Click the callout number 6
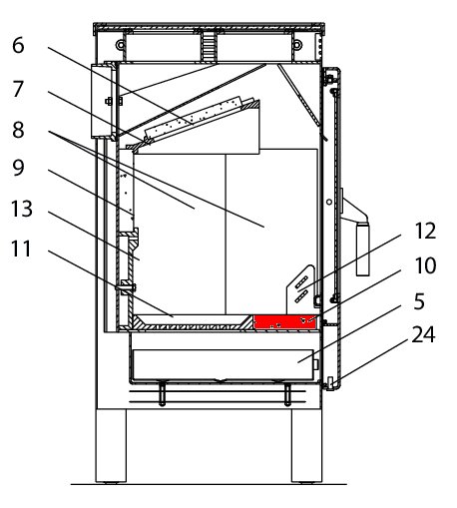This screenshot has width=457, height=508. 18,45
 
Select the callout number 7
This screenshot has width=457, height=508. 18,89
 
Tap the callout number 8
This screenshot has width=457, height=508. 18,130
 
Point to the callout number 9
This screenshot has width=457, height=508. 18,168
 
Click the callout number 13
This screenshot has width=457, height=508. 22,209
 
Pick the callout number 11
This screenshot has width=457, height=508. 21,249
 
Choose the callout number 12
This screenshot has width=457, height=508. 425,231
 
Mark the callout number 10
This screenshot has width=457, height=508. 425,265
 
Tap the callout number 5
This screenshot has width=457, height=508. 420,301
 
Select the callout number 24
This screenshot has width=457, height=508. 423,334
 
